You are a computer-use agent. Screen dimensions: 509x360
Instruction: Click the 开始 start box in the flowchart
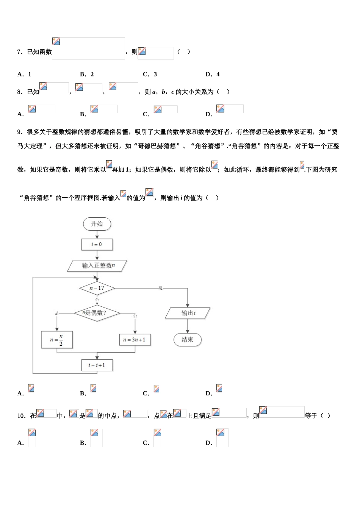(97, 224)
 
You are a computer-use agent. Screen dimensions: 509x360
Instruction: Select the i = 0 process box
(97, 244)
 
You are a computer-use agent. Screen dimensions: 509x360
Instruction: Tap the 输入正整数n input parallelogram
(97, 265)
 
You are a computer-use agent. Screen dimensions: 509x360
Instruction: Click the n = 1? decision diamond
(97, 288)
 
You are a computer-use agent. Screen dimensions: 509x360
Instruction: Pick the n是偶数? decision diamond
(97, 313)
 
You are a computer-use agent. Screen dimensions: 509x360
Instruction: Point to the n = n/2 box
(57, 340)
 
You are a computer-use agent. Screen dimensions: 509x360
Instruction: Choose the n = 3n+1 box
(135, 340)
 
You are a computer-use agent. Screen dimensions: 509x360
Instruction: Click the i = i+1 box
(97, 365)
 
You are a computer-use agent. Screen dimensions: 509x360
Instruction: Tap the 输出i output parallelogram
(188, 313)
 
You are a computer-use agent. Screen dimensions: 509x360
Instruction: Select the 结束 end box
(187, 339)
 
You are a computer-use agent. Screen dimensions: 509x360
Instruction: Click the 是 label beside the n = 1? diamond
(161, 288)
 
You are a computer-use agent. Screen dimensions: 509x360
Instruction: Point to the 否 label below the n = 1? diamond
(97, 300)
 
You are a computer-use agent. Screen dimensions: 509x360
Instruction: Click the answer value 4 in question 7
(218, 74)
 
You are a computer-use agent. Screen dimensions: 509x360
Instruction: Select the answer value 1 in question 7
(30, 74)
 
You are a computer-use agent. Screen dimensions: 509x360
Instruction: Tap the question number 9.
(19, 132)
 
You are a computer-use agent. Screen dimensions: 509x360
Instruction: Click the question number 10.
(21, 416)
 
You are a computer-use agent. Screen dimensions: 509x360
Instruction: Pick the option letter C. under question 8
(146, 114)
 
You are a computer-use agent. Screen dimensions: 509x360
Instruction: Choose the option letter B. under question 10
(83, 443)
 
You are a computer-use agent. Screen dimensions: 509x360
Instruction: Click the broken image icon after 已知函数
(56, 42)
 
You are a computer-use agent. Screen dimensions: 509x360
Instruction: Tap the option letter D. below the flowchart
(209, 393)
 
